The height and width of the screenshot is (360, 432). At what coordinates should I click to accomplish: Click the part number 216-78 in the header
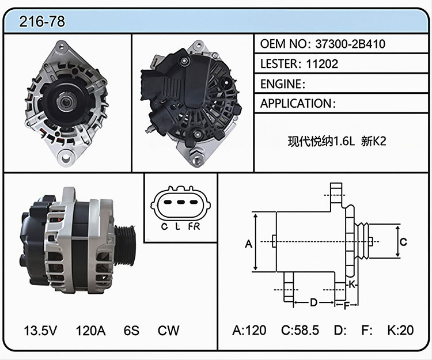pyautogui.click(x=42, y=21)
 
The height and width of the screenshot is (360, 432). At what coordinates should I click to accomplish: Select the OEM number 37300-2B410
pyautogui.click(x=350, y=44)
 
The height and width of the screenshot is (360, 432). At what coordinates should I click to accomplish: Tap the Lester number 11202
pyautogui.click(x=322, y=64)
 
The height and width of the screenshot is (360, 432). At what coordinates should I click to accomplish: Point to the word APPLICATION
pyautogui.click(x=296, y=104)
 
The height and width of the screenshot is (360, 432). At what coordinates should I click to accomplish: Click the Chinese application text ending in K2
pyautogui.click(x=337, y=142)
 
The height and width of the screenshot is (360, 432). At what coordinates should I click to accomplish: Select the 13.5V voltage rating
pyautogui.click(x=40, y=331)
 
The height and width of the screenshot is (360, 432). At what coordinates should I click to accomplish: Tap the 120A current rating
pyautogui.click(x=90, y=331)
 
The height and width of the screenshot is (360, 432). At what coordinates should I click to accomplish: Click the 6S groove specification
pyautogui.click(x=131, y=331)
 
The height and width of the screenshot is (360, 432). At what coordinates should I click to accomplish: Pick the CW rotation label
pyautogui.click(x=168, y=331)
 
